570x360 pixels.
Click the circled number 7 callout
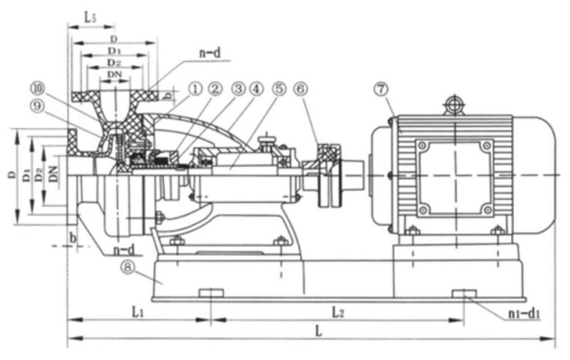click(x=381, y=89)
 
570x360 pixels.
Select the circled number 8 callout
click(x=127, y=267)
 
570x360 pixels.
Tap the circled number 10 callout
click(x=37, y=88)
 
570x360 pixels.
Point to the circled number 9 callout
click(x=37, y=106)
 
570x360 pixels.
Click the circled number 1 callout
click(x=195, y=89)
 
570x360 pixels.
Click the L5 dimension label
click(x=91, y=18)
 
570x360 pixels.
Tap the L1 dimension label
click(x=137, y=311)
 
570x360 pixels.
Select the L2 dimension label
click(x=338, y=312)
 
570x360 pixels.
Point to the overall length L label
click(x=319, y=331)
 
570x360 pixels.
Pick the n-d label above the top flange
click(x=210, y=53)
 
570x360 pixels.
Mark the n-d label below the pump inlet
click(x=124, y=250)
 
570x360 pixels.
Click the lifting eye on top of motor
click(x=454, y=105)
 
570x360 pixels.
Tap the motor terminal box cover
click(x=454, y=179)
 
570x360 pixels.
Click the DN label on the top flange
click(x=114, y=74)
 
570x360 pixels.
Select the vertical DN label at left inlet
click(x=54, y=174)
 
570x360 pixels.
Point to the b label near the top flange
click(x=168, y=95)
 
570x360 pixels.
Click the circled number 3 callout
click(x=238, y=89)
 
